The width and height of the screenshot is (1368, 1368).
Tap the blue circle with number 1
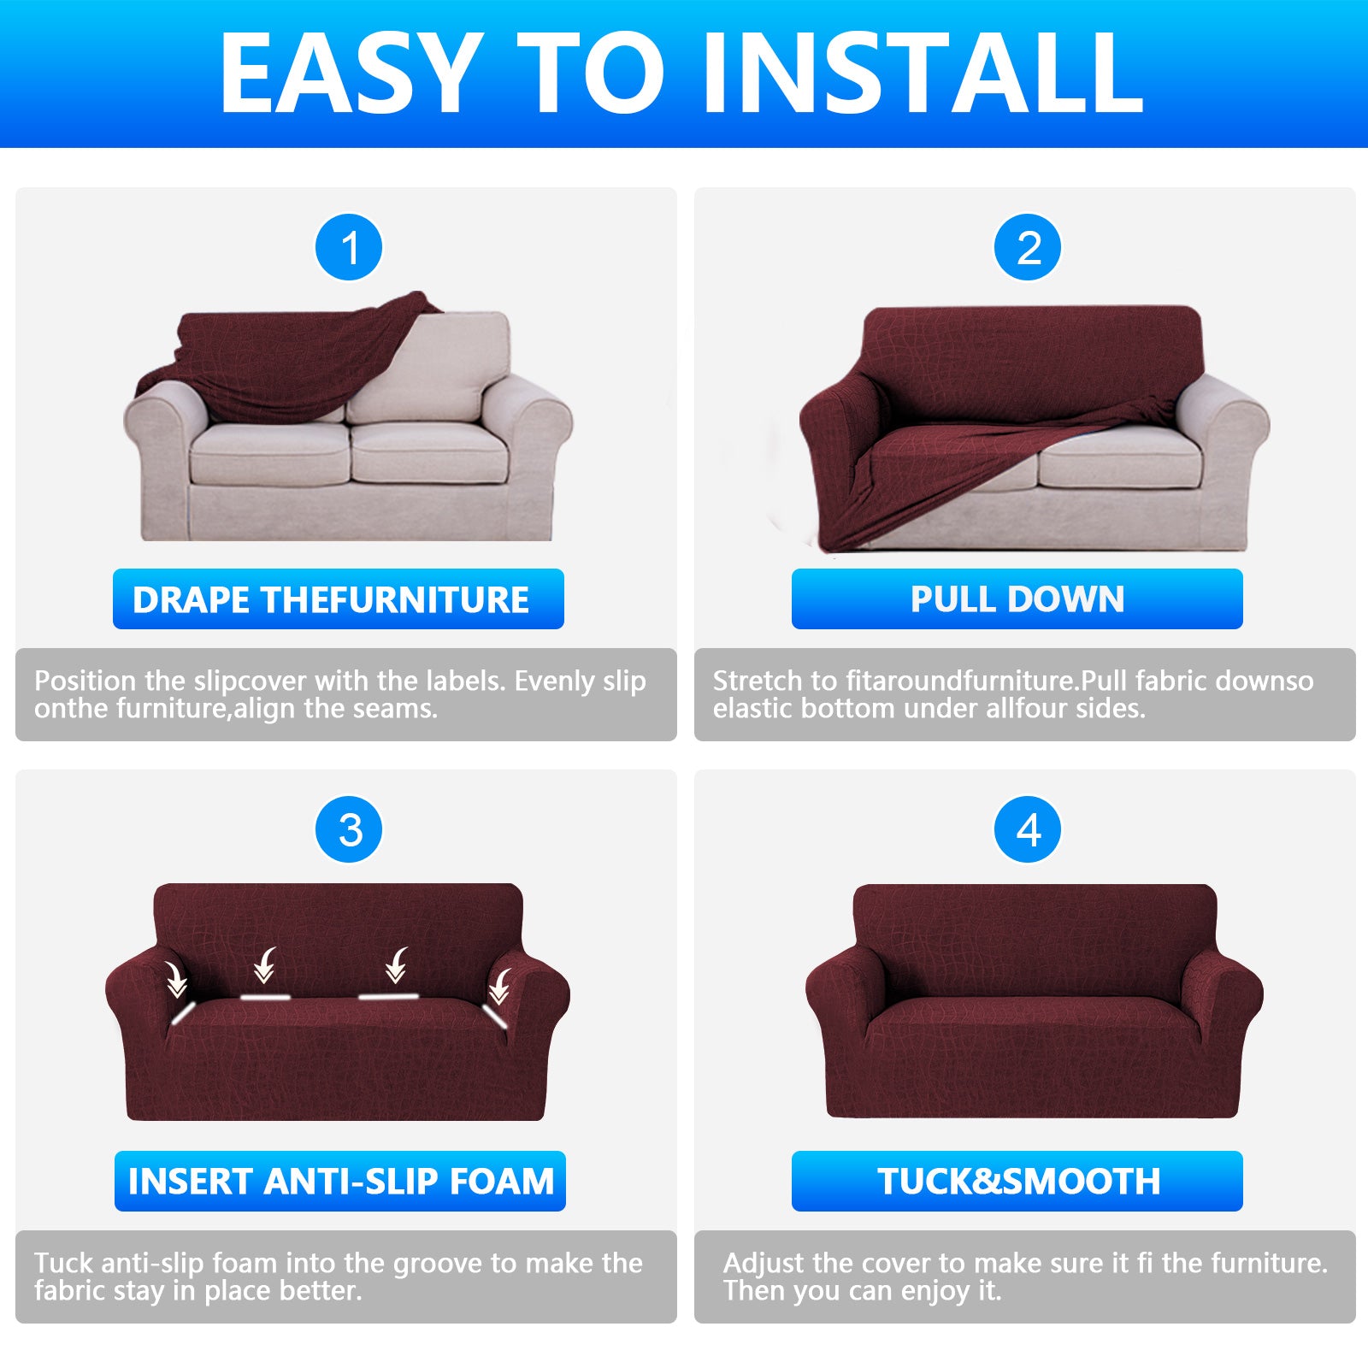coord(349,248)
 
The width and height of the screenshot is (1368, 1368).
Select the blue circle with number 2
coord(1028,248)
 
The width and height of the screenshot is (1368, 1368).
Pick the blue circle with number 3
coord(349,830)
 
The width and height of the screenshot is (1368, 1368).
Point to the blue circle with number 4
coord(1028,830)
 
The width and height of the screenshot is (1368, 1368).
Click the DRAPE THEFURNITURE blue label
coord(339,599)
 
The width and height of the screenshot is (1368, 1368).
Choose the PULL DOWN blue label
coord(1017,599)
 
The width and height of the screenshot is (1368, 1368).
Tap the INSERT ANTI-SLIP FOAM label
coord(340,1182)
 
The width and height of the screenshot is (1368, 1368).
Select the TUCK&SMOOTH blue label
coord(1017,1182)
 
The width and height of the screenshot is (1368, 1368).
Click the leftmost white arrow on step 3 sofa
coord(176,980)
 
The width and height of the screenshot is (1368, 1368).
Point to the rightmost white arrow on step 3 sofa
coord(499,987)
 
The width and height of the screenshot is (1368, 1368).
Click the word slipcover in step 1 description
coord(250,681)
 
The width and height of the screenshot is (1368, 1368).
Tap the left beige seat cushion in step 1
coord(270,453)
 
